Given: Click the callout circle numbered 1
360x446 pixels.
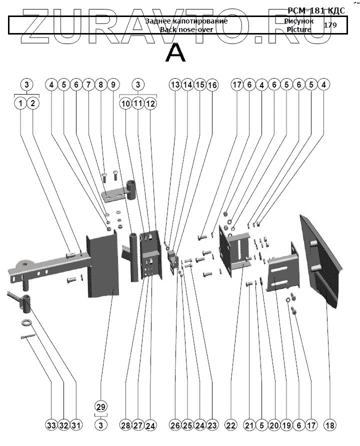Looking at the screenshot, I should click(20, 104).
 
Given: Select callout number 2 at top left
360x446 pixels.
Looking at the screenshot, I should click(33, 104).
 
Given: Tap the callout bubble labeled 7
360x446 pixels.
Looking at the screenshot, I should click(88, 85).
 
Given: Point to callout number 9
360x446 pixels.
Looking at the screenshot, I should click(112, 85).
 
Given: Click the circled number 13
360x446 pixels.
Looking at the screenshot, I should click(174, 85).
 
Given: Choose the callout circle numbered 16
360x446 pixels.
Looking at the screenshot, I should click(212, 85).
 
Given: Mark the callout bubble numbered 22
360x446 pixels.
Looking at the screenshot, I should click(230, 425).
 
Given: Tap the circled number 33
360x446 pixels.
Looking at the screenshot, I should click(51, 425).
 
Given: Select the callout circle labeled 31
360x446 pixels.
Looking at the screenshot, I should click(76, 425).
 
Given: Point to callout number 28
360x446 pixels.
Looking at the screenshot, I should click(125, 425).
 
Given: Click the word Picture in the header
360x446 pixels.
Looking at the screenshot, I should click(299, 30).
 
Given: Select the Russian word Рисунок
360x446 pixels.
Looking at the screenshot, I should click(299, 22).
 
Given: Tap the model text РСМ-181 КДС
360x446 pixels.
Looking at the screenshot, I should click(316, 11).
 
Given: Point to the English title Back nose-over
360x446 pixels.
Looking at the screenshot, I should click(186, 30).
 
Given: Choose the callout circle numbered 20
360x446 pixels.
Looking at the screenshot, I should click(273, 425).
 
